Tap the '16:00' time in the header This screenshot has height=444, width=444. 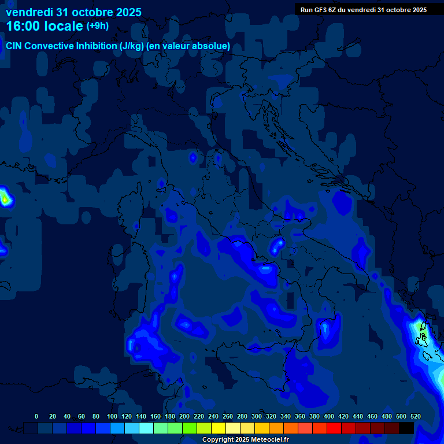(25, 26)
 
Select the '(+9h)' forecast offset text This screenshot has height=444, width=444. (98, 26)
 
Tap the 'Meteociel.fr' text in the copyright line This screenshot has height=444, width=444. (269, 440)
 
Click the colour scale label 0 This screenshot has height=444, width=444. (36, 416)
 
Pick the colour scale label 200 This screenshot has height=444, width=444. (184, 416)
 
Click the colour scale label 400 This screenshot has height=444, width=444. (329, 416)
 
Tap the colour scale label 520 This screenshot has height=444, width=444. (415, 416)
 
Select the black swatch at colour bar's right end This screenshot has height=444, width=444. (406, 428)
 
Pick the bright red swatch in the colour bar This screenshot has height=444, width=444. (334, 428)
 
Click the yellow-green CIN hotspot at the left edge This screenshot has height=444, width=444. (5, 199)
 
